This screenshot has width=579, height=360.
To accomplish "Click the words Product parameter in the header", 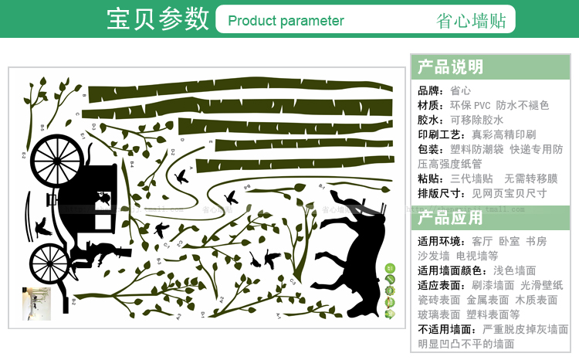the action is (286, 21).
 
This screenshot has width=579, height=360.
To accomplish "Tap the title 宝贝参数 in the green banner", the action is (157, 19).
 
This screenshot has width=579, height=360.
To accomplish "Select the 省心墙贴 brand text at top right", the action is (471, 21).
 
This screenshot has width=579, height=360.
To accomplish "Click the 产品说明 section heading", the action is (450, 66).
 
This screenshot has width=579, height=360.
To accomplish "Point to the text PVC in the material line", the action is (482, 105).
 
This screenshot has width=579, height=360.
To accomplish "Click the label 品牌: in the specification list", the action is (431, 90).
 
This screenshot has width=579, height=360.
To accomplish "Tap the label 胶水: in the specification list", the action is (431, 120).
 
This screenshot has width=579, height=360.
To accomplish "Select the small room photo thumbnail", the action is (36, 304).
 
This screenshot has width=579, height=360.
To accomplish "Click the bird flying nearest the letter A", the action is (183, 175).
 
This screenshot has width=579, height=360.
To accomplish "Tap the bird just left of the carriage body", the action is (42, 226).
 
